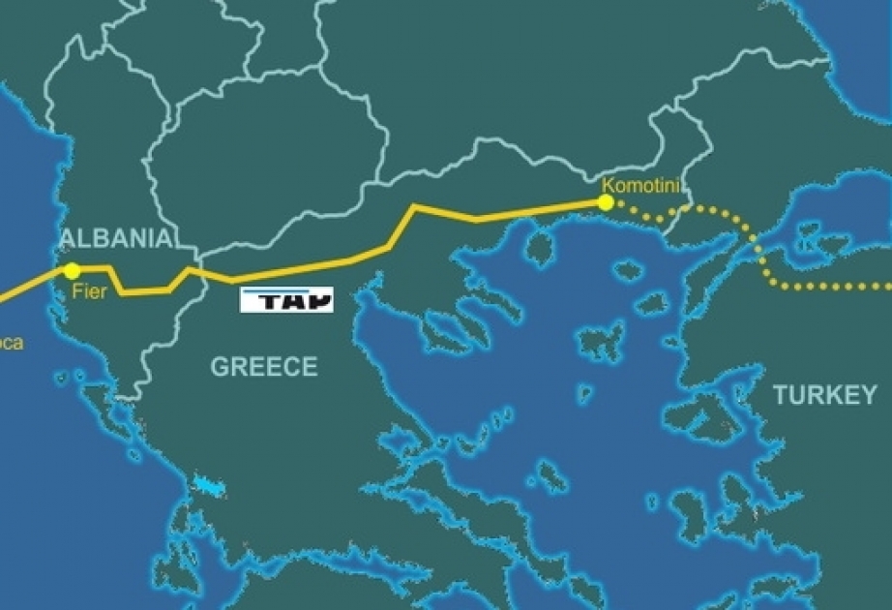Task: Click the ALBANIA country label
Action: (116, 238)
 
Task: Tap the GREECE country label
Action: (264, 367)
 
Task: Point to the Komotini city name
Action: (637, 185)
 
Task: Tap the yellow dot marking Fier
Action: (72, 270)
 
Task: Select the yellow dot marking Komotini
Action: (606, 202)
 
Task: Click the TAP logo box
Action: (286, 300)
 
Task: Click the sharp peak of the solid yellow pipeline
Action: (415, 206)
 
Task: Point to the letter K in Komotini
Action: (607, 185)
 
